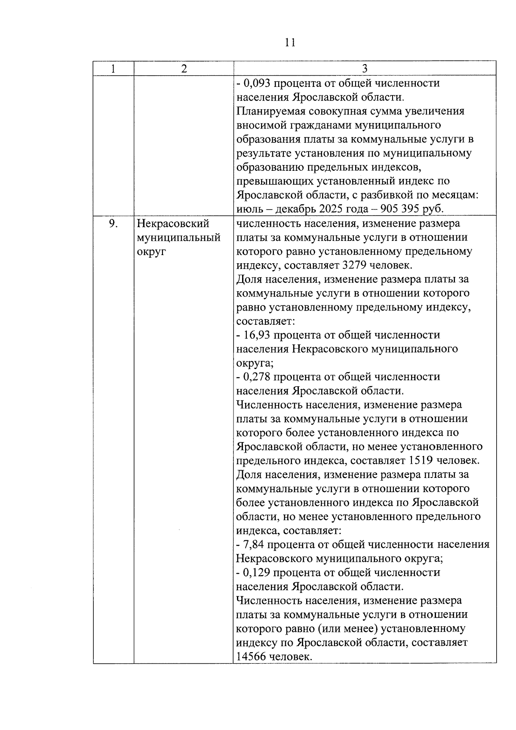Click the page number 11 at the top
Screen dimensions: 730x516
click(x=290, y=42)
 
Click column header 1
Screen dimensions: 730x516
click(x=113, y=69)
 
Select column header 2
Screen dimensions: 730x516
click(x=184, y=69)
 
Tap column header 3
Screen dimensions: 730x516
click(x=365, y=69)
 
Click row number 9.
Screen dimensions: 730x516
click(x=113, y=224)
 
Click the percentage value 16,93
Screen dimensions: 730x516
click(x=257, y=335)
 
